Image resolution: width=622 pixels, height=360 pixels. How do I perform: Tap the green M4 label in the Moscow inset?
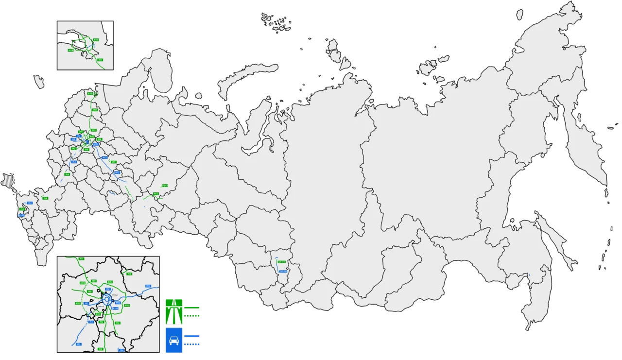point(117,323)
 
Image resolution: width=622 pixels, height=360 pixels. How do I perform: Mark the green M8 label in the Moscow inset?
point(129,274)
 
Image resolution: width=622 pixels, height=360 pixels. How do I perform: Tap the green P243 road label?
point(165,186)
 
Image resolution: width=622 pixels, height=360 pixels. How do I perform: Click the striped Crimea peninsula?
point(8,179)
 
